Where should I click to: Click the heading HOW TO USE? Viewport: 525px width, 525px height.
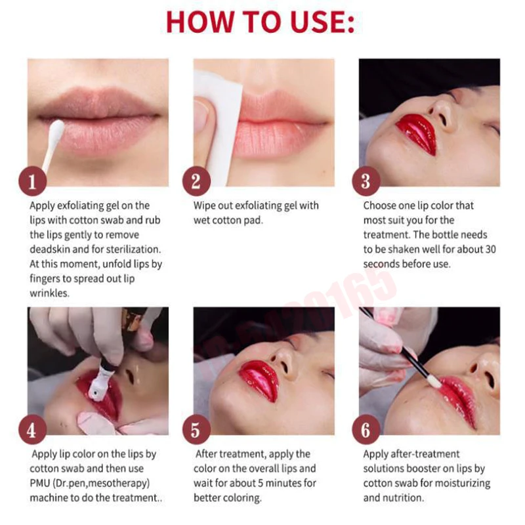260,22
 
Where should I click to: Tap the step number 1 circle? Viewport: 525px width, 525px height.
32,181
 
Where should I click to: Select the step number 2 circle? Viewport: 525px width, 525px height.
196,181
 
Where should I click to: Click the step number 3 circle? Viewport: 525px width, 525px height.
366,181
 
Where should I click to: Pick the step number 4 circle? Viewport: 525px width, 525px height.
32,430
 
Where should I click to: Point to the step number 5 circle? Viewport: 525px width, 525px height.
196,430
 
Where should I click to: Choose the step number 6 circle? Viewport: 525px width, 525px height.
366,430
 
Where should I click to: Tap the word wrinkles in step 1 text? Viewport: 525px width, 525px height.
50,293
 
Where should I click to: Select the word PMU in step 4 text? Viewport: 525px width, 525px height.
40,483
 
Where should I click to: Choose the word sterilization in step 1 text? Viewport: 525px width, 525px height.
133,249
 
